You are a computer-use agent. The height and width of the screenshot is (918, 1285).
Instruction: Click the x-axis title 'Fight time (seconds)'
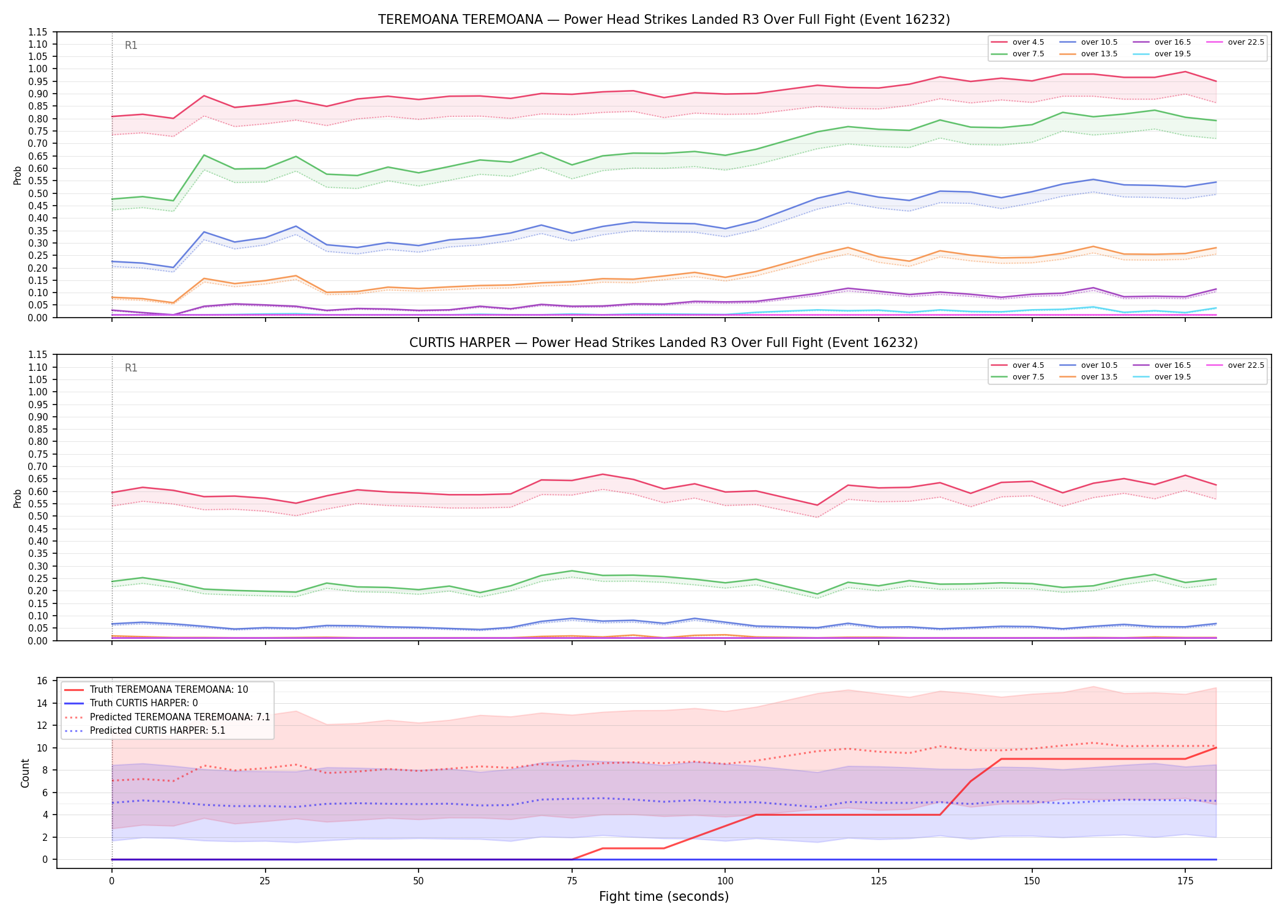click(664, 897)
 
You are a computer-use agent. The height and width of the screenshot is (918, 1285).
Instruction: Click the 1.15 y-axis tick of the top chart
click(38, 32)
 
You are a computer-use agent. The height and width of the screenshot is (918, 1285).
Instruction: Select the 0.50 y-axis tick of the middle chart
click(38, 516)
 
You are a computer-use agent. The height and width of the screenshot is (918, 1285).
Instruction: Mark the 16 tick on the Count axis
click(43, 681)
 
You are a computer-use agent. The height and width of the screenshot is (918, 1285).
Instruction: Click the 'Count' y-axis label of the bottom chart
click(25, 773)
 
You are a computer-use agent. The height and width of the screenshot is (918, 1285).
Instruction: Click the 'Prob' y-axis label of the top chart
click(18, 175)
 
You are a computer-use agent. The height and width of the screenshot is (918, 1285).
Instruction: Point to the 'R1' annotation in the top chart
click(131, 45)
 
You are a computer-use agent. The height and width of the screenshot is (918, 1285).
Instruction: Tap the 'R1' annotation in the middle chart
click(131, 368)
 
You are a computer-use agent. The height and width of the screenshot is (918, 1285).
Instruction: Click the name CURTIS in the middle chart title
click(431, 343)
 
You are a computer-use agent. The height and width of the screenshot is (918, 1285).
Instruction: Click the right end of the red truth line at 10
click(1216, 748)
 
